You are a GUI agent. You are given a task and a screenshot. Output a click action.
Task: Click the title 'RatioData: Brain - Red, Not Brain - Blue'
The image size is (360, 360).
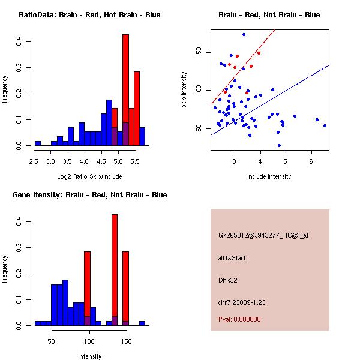(x=89, y=15)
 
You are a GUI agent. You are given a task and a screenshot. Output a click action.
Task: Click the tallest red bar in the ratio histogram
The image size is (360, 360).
(x=126, y=90)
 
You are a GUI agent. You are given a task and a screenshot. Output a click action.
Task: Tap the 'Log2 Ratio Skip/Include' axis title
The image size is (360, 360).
(x=89, y=176)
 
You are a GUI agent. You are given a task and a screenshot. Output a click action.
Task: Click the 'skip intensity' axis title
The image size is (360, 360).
(x=185, y=90)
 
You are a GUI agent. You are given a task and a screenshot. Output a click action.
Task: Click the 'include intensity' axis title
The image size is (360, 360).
(x=269, y=176)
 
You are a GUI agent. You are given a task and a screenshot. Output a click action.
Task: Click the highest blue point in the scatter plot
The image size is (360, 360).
(x=244, y=34)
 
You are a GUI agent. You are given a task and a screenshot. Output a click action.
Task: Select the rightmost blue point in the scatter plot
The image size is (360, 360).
(x=325, y=125)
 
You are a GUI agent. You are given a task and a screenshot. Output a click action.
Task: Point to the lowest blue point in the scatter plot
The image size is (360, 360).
(x=279, y=145)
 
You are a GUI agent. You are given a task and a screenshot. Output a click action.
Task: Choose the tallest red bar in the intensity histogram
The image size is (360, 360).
(x=114, y=270)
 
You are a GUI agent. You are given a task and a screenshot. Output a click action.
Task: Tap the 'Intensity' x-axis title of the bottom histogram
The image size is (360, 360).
(x=89, y=356)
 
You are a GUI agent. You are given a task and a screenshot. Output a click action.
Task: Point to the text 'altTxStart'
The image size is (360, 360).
(x=232, y=258)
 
